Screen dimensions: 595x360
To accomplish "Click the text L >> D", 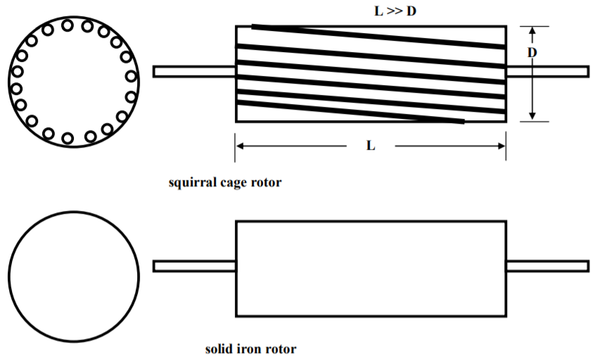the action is click(395, 11).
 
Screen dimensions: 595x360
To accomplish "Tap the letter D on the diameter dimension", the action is click(532, 52).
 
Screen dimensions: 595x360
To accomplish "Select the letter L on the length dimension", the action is click(371, 146).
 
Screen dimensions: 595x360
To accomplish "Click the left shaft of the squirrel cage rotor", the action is click(194, 71).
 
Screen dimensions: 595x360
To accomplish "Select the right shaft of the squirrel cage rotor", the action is click(548, 71).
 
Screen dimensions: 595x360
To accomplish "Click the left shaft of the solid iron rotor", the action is click(194, 266).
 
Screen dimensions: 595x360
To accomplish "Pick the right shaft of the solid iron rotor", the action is click(548, 266).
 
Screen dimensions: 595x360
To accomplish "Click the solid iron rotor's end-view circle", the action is click(8, 277).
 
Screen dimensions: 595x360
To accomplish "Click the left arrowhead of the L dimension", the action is click(240, 146).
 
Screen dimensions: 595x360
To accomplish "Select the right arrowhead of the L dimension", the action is click(501, 146).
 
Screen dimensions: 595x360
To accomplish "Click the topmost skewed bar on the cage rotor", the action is click(378, 37).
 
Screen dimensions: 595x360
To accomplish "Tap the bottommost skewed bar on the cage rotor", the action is click(351, 112).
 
